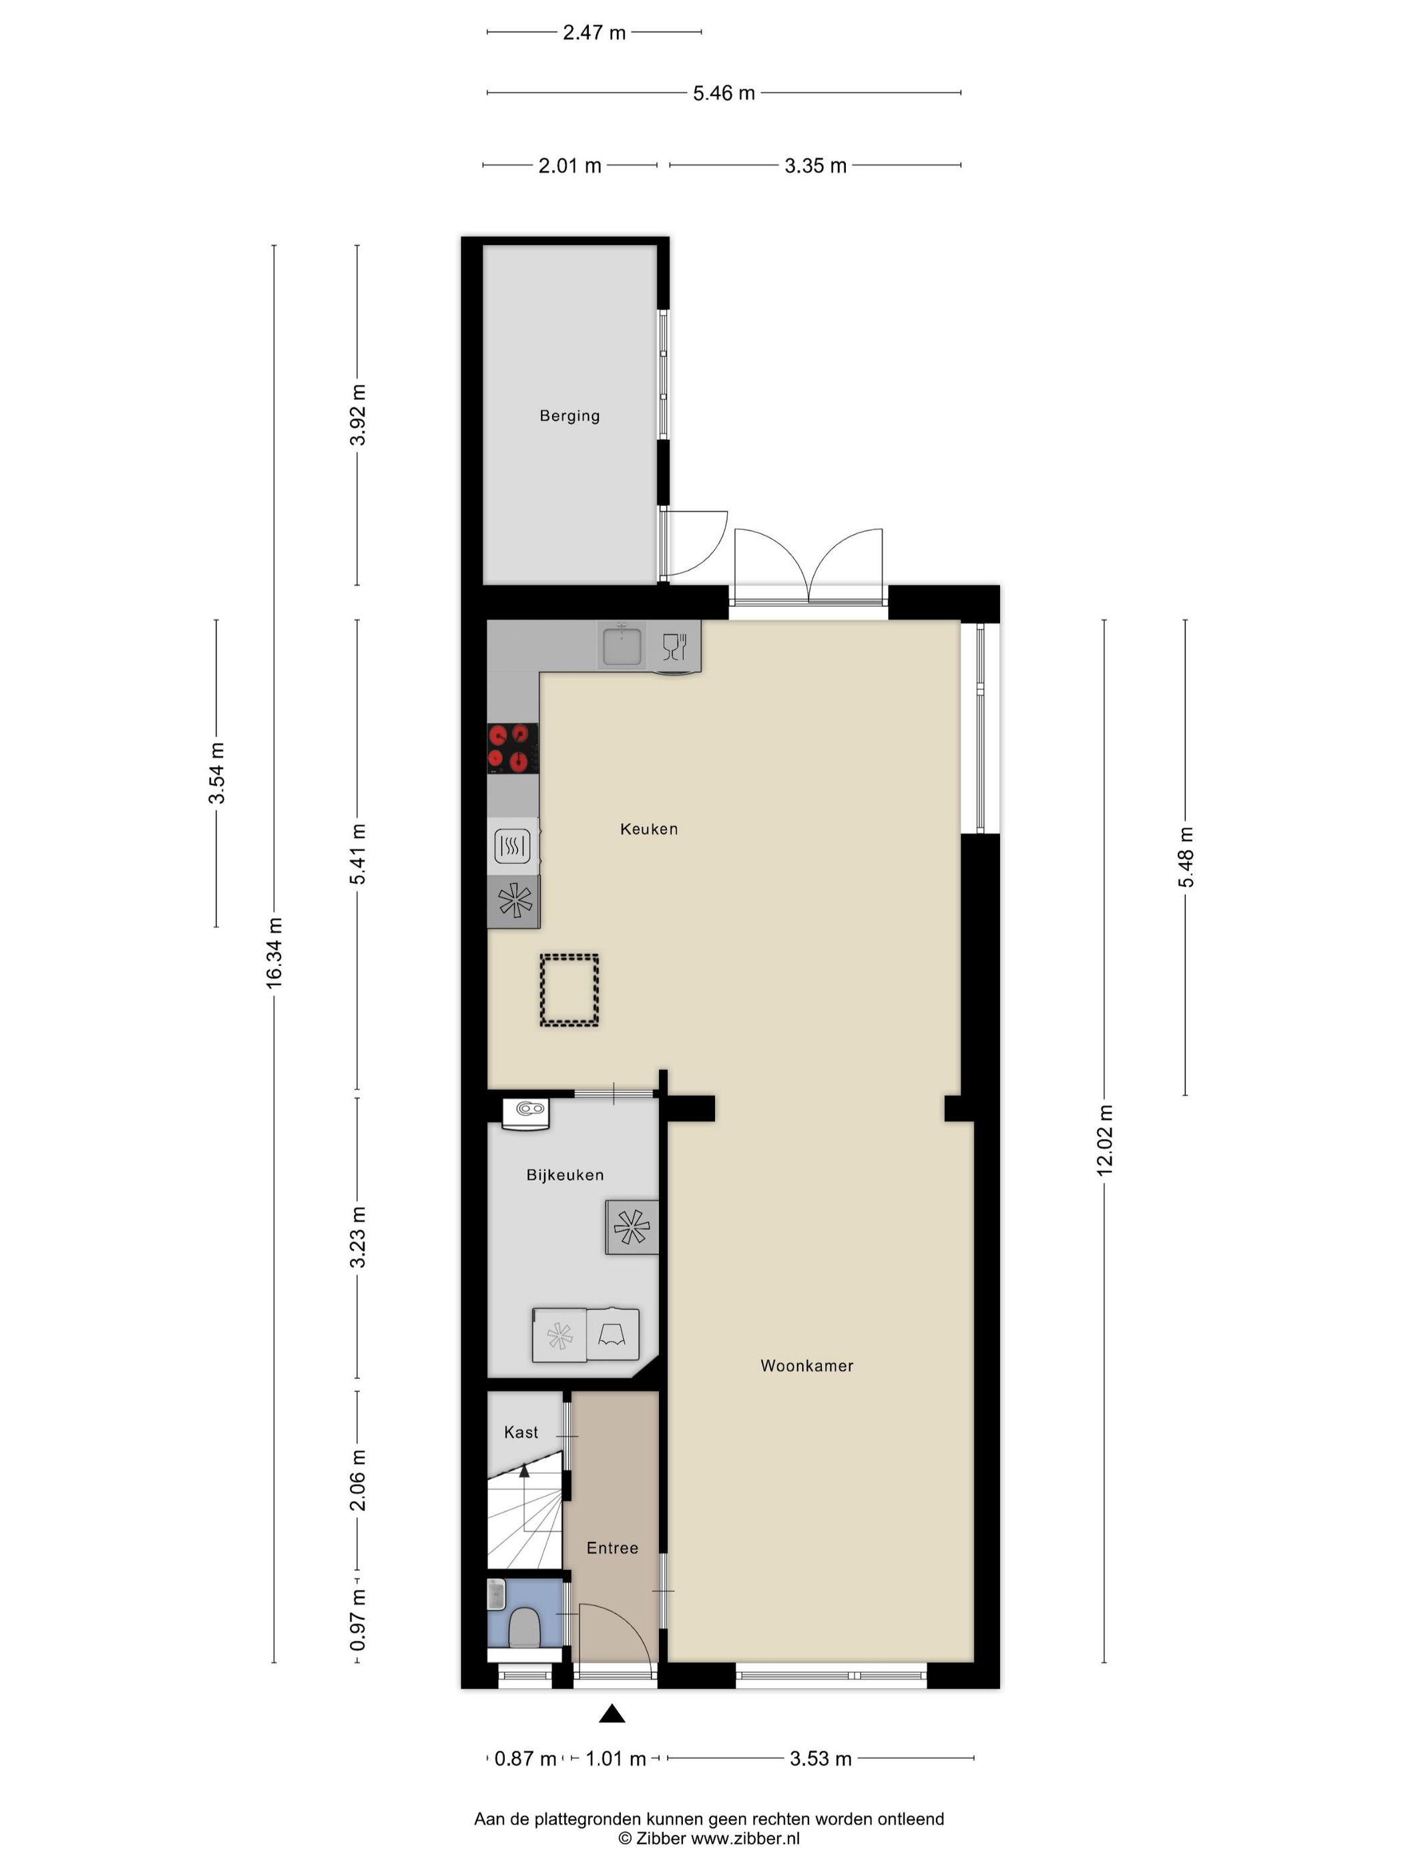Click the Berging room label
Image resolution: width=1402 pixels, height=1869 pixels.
tap(569, 416)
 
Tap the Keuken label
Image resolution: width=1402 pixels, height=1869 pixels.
tap(649, 829)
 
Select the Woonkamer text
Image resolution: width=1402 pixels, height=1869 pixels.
tap(807, 1366)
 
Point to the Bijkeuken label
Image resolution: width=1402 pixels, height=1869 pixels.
tap(565, 1174)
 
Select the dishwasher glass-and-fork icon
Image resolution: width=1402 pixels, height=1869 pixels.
tap(674, 646)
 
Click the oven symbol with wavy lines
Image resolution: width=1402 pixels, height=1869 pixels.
tap(512, 846)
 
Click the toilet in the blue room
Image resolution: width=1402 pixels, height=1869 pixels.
tap(525, 1627)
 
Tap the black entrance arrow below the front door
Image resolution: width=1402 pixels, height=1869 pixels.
tap(612, 1713)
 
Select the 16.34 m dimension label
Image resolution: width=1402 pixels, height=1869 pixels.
tap(274, 953)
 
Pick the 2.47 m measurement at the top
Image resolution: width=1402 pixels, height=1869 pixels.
tap(594, 32)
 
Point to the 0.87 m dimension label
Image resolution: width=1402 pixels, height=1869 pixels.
tap(525, 1759)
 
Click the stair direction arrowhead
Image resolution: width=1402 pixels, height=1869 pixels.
tap(524, 1471)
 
